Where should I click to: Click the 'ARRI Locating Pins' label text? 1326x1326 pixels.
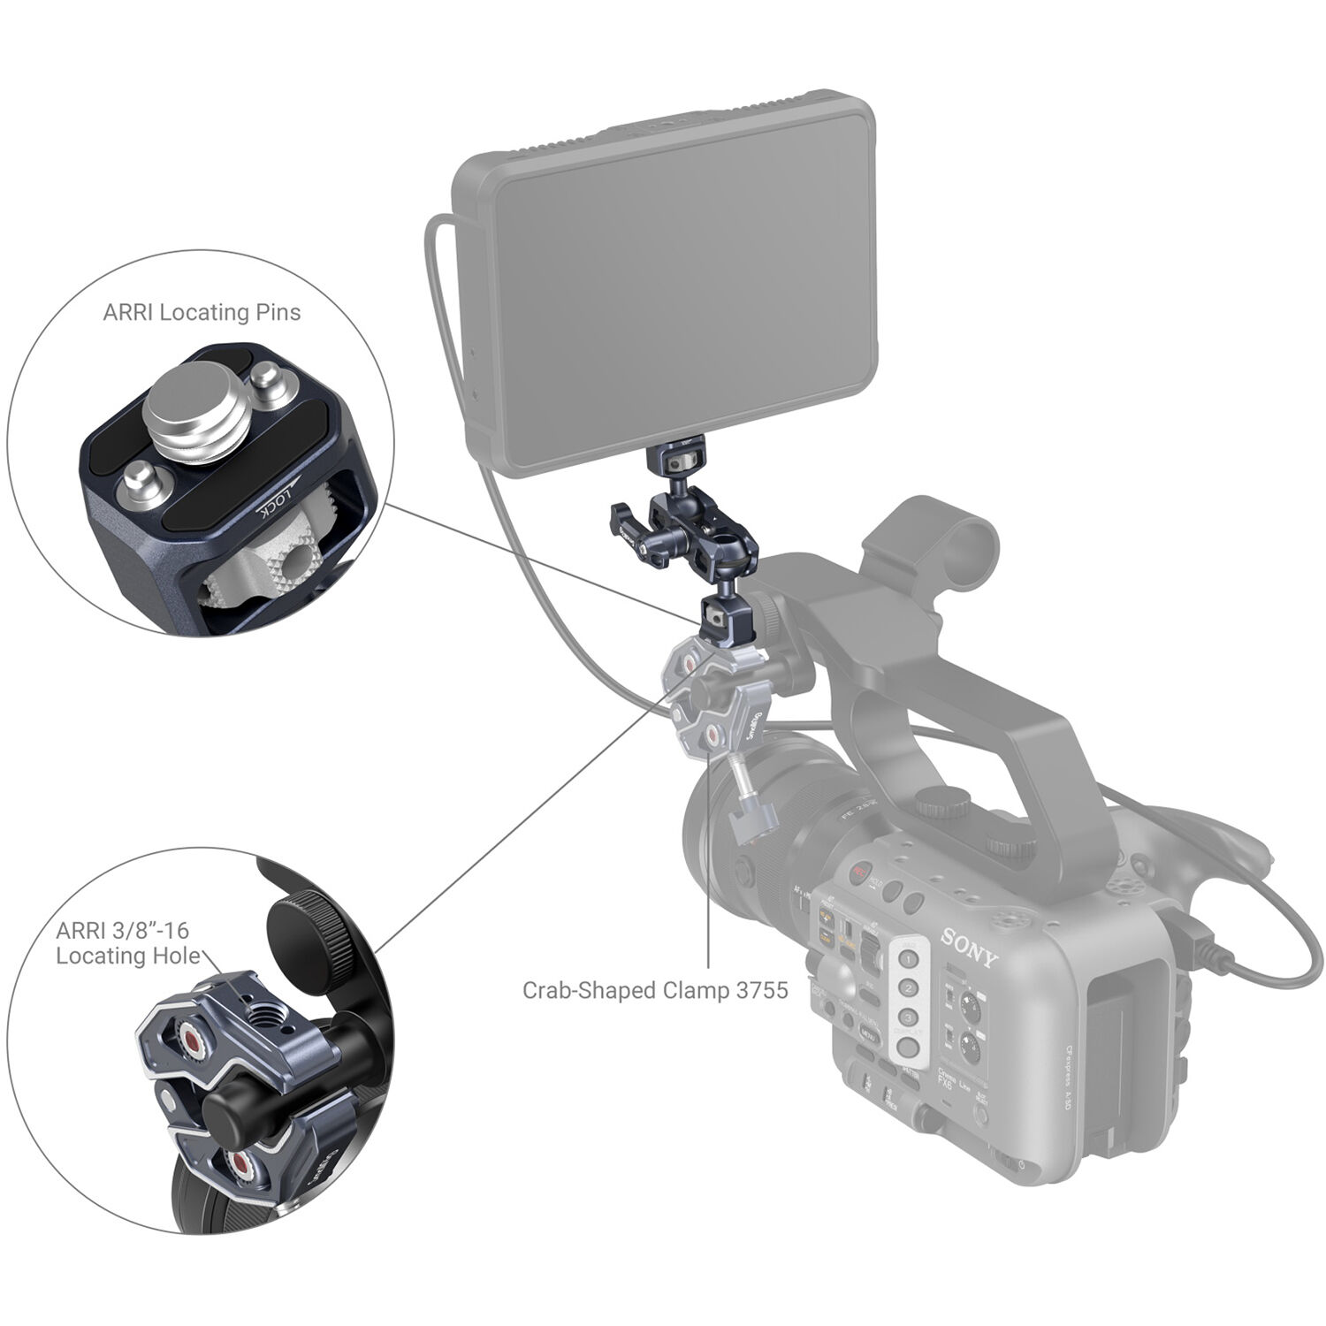202,312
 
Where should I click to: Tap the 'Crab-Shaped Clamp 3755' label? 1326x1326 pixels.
654,990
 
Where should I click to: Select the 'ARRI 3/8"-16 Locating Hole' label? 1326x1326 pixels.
124,943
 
